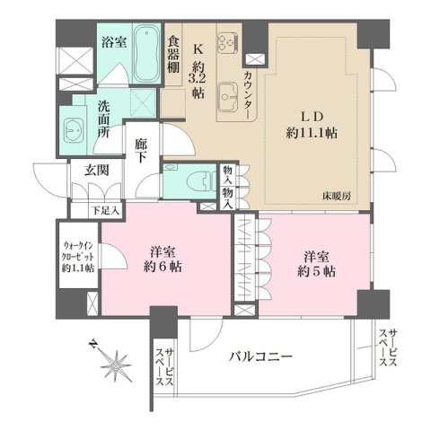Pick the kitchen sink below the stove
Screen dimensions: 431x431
point(225,92)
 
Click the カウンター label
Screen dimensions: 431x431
point(248,94)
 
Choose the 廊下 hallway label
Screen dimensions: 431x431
point(141,148)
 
